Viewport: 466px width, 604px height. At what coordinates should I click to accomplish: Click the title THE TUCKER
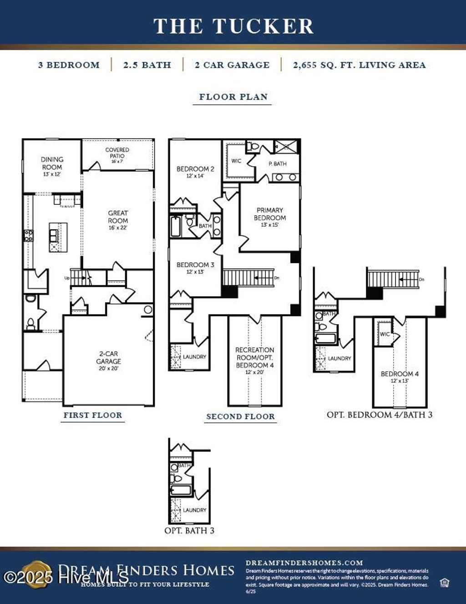(x=233, y=26)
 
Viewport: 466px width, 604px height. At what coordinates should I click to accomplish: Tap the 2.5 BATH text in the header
(x=147, y=65)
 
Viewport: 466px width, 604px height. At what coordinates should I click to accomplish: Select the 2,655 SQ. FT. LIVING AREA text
(x=359, y=65)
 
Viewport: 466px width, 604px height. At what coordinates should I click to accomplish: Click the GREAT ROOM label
(x=118, y=220)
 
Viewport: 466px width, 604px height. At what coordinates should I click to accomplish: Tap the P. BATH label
(x=278, y=164)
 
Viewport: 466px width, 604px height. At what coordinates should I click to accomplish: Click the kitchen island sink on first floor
(x=54, y=234)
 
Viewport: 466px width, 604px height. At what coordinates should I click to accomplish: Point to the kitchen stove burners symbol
(x=28, y=235)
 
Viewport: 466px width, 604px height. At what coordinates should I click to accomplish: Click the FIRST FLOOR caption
(x=93, y=415)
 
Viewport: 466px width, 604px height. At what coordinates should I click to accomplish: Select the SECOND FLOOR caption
(x=240, y=416)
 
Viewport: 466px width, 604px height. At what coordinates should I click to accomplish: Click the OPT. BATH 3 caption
(x=189, y=531)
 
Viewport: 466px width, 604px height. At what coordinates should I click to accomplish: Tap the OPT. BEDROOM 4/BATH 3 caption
(x=380, y=415)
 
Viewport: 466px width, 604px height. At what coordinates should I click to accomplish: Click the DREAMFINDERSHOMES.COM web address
(x=304, y=563)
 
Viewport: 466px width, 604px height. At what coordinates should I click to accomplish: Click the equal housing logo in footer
(x=444, y=583)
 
